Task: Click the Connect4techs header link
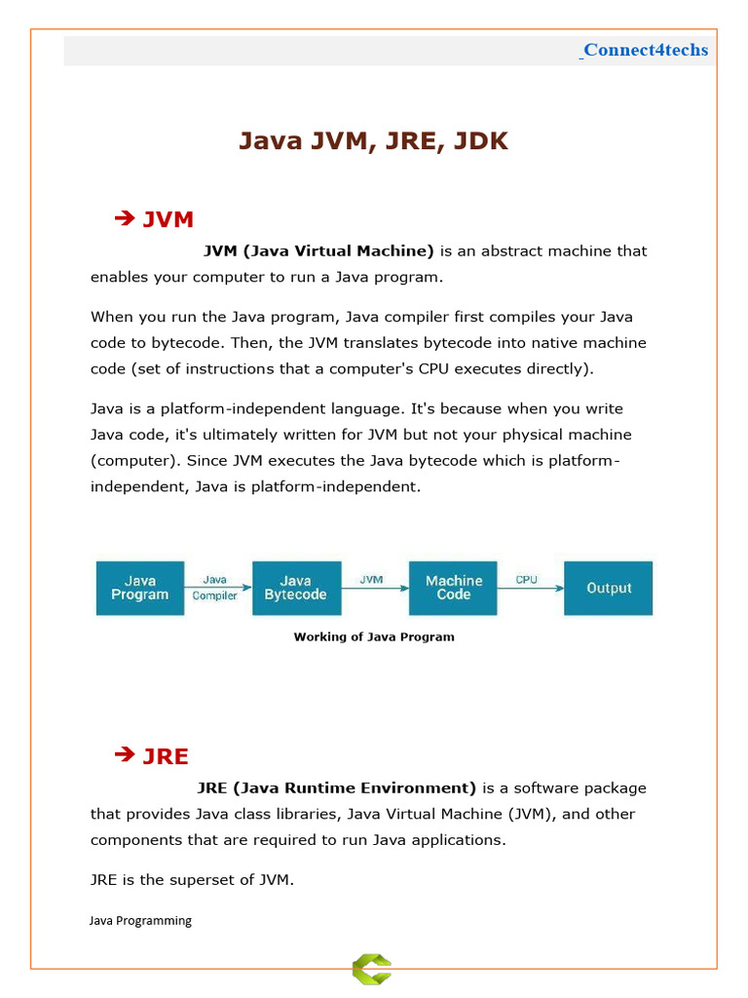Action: (x=646, y=50)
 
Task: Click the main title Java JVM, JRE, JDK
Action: (x=373, y=141)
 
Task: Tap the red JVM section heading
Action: (x=168, y=220)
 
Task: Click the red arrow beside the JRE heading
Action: (x=124, y=754)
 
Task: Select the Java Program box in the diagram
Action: (x=139, y=588)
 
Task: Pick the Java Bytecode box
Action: (x=296, y=588)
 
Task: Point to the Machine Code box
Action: (x=453, y=588)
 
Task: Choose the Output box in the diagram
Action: (x=609, y=588)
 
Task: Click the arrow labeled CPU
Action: (x=531, y=588)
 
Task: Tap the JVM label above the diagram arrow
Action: (x=371, y=579)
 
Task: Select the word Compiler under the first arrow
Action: (x=215, y=595)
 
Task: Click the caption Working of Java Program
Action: (x=374, y=637)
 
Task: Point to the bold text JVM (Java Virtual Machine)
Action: (x=318, y=250)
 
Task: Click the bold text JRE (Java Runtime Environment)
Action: (x=336, y=787)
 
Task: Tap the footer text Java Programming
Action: (x=140, y=920)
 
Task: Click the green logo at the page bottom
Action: (x=372, y=969)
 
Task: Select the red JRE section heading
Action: (x=166, y=756)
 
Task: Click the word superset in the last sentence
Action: (x=190, y=880)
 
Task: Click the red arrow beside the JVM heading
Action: (x=124, y=219)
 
